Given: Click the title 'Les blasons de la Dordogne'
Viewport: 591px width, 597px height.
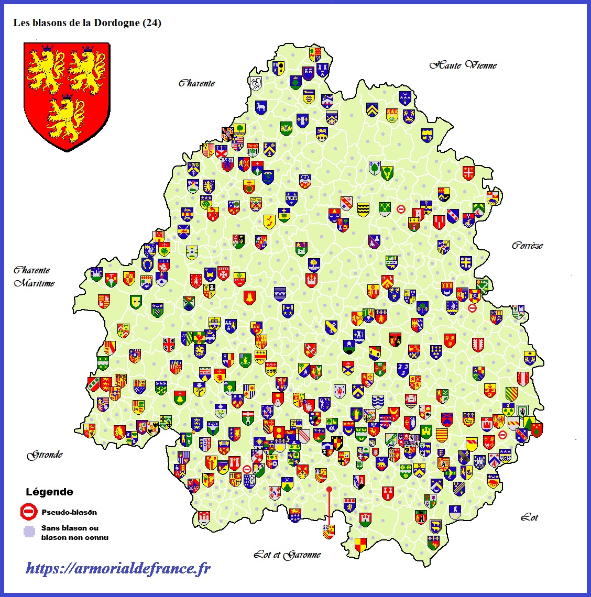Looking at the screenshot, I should pos(76,23).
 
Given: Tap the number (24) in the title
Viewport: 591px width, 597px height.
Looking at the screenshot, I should pos(151,23).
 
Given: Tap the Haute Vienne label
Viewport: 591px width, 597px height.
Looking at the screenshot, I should pos(463,65).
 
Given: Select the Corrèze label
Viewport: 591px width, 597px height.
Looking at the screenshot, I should pos(527,245).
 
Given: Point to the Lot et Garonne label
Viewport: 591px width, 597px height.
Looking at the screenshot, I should pos(287,555).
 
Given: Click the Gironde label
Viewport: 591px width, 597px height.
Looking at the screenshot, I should pos(45,455).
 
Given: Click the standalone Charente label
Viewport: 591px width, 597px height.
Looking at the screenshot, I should pos(196,83).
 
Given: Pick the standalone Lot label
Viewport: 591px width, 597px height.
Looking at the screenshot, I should pos(529,517).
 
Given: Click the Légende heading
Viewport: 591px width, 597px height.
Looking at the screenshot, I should pos(49,492).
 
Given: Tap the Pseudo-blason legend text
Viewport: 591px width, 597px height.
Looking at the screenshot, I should pos(69,512).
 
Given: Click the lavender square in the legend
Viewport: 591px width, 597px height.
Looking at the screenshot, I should pos(29,532).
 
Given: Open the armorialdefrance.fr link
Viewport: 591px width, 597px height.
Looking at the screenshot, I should pos(118,568).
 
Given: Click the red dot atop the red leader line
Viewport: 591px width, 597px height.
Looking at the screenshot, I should pos(329,489).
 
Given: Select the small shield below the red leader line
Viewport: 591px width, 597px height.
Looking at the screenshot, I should pos(329,531).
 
